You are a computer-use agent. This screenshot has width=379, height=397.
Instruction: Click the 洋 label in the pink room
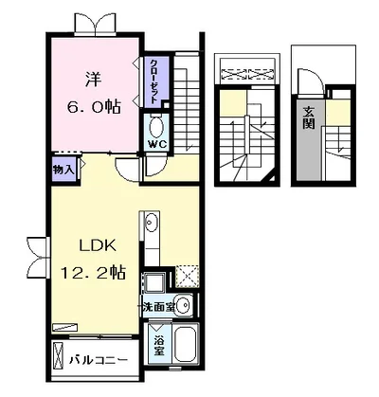94,80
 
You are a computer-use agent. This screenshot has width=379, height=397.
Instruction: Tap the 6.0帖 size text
94,107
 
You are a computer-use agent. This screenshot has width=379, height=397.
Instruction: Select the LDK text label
98,245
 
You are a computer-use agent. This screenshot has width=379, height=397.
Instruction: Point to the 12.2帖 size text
94,273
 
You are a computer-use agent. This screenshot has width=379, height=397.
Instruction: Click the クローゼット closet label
153,81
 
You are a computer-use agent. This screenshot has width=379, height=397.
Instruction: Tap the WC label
157,144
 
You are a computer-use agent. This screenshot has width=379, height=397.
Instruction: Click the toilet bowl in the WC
156,127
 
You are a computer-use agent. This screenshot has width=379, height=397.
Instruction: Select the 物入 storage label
63,171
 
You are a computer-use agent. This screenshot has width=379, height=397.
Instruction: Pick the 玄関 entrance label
309,117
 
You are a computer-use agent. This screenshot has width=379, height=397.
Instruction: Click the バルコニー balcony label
99,360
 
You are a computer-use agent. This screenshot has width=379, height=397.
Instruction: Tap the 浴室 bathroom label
159,346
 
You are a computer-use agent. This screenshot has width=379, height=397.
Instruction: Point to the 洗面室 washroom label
158,307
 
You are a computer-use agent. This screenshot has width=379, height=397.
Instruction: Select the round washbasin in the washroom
183,305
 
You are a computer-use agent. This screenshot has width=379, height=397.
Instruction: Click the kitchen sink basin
152,222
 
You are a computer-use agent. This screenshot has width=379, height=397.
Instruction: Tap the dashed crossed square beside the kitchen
188,277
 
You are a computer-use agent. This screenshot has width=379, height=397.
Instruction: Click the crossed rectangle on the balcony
58,356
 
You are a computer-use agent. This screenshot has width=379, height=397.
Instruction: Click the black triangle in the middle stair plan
271,179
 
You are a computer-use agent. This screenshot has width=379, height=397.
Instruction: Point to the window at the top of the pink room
96,24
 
